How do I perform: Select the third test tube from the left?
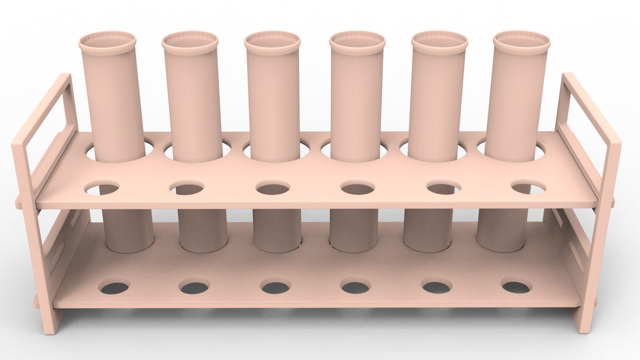(x=272, y=100)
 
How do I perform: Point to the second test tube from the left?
(x=192, y=100)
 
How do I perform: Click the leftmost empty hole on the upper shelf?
(x=103, y=189)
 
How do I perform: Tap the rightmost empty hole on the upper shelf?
(x=528, y=189)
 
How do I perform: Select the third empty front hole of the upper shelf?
(x=273, y=189)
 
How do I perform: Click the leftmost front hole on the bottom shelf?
(x=114, y=287)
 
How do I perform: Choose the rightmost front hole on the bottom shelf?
(x=516, y=287)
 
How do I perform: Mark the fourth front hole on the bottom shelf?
(x=355, y=287)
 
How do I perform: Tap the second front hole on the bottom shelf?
(x=195, y=287)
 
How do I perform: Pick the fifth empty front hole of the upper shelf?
(x=443, y=189)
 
